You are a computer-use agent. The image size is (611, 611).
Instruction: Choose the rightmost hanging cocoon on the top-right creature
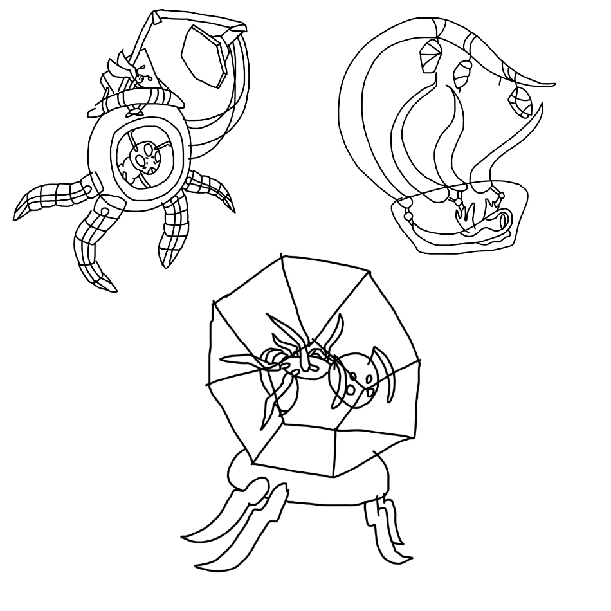point(520,100)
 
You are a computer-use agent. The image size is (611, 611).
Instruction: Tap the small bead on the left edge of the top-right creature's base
point(406,215)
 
